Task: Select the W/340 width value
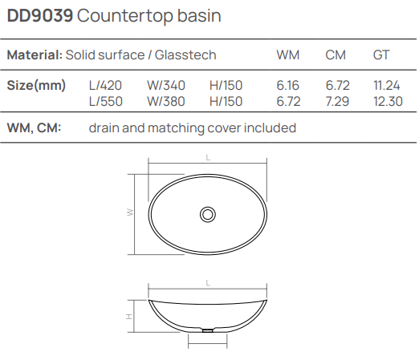click(x=166, y=86)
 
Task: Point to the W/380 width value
click(x=166, y=100)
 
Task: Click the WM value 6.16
click(x=287, y=86)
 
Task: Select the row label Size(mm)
click(x=36, y=86)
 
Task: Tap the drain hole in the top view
click(x=208, y=214)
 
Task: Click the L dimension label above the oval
click(x=208, y=160)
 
